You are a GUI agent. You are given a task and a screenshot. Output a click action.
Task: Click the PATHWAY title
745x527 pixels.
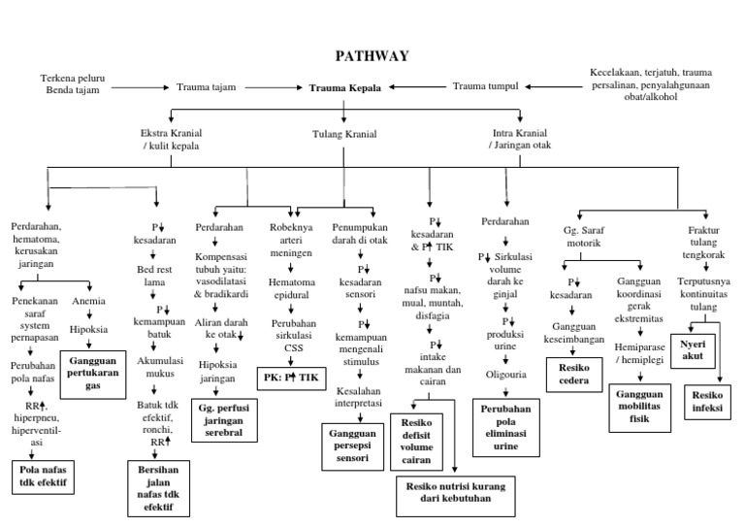(372, 55)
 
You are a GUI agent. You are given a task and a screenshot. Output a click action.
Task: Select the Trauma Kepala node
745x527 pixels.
(345, 87)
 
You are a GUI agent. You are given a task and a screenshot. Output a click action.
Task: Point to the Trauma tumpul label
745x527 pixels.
(485, 86)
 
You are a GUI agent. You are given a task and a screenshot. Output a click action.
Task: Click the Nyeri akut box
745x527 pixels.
(693, 349)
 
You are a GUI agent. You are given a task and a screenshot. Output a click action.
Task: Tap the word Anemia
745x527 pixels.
(88, 301)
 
